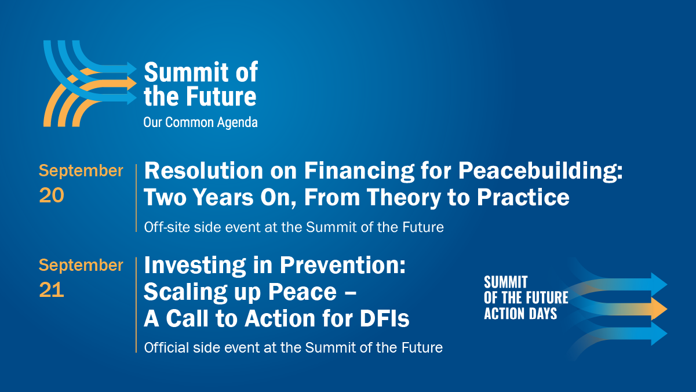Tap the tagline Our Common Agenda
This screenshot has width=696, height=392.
(201, 122)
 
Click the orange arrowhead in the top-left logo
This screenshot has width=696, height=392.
(132, 84)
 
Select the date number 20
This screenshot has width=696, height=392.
(52, 195)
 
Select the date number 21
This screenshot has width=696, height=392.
(52, 290)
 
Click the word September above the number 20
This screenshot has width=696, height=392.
(81, 170)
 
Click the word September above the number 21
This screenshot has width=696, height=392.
(81, 265)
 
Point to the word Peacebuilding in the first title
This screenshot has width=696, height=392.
(541, 170)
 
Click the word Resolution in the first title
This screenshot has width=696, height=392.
(203, 170)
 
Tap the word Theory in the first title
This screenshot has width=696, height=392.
(404, 197)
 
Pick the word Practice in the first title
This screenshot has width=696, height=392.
(523, 197)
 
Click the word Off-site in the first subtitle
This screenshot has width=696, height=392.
(167, 227)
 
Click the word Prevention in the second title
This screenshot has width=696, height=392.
(342, 265)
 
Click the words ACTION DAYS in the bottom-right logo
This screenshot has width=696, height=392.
(520, 313)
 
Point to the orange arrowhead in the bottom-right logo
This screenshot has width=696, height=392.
(659, 309)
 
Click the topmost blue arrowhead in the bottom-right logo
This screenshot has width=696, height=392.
(659, 284)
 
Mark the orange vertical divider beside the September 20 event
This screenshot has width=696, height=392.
(136, 198)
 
